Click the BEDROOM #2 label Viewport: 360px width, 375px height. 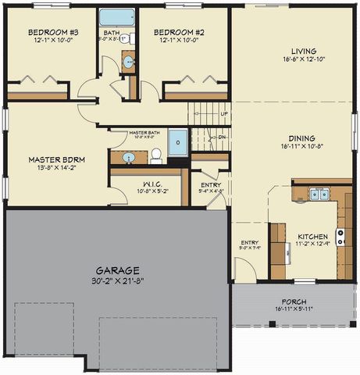[182, 33]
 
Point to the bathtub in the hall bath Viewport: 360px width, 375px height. [116, 16]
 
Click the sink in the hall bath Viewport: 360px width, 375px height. [128, 62]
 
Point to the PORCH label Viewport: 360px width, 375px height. [294, 302]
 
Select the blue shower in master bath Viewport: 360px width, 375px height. [179, 143]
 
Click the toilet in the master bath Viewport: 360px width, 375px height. [155, 155]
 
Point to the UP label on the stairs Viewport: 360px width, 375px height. [224, 114]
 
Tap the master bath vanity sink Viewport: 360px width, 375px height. [129, 158]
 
